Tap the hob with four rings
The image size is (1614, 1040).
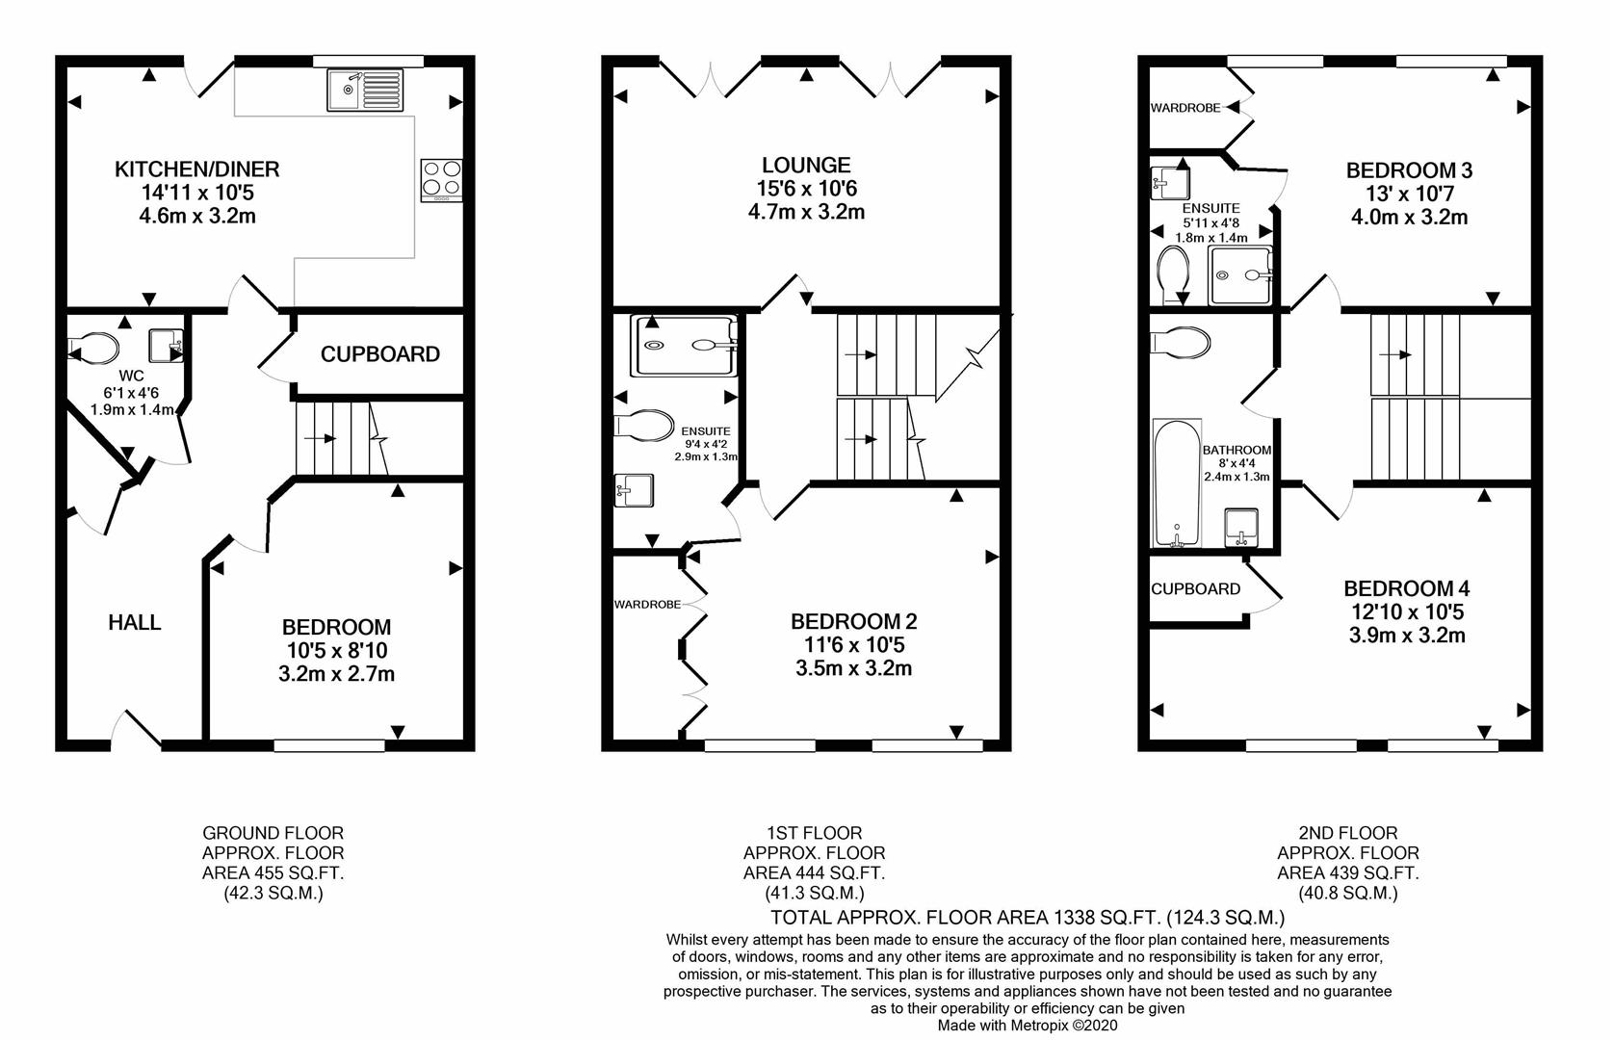click(x=441, y=179)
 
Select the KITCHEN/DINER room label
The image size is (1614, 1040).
click(x=196, y=169)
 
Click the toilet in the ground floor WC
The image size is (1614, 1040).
click(x=94, y=348)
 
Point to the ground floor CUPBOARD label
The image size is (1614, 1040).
click(x=379, y=354)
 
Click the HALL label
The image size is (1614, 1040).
click(x=135, y=623)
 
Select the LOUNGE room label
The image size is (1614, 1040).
click(x=806, y=166)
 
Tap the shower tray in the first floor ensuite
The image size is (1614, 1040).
click(x=684, y=345)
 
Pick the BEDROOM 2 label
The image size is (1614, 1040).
click(x=853, y=622)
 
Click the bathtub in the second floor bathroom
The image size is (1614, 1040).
click(x=1177, y=482)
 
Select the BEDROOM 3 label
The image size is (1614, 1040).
click(x=1409, y=170)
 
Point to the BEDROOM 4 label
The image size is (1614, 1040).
click(x=1407, y=588)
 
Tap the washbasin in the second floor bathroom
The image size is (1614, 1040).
click(x=1241, y=527)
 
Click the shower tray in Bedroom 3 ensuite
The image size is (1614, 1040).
click(x=1240, y=274)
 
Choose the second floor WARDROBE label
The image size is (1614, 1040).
click(x=1184, y=108)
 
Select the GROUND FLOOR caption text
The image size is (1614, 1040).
click(x=273, y=833)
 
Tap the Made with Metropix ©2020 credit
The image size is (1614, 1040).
click(x=1028, y=1027)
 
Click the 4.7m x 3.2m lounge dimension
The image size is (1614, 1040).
click(x=806, y=212)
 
